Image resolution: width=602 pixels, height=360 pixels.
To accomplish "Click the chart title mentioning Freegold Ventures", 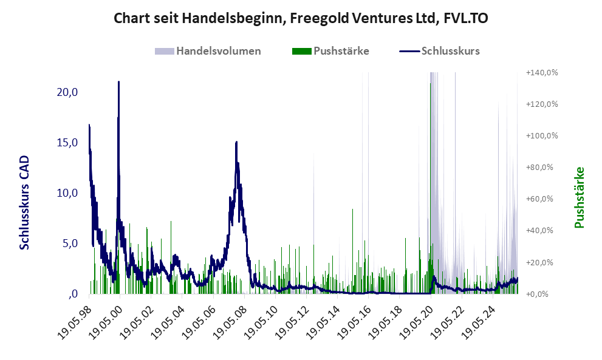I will [301, 19].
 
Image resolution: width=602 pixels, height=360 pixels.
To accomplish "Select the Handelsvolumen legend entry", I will [218, 51].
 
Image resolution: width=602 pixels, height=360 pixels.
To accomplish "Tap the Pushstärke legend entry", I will [341, 51].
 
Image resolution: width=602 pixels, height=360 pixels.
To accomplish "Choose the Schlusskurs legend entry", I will [450, 51].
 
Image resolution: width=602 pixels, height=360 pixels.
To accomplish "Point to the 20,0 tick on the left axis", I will [66, 92].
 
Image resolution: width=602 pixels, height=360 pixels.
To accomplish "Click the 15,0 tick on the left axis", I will [66, 143].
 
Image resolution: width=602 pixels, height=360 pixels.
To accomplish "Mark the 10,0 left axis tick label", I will [66, 193].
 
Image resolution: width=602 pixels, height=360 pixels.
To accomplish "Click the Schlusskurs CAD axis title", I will [25, 202].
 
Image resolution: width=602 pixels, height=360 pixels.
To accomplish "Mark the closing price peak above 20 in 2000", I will [118, 82].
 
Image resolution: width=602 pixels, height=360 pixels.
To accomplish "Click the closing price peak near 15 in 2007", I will [236, 142].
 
